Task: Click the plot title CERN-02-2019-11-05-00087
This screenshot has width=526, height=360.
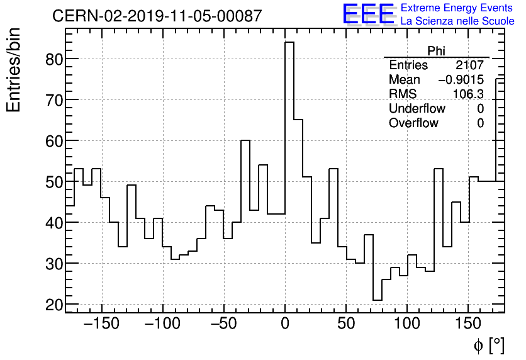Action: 157,16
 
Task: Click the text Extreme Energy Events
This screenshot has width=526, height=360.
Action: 457,8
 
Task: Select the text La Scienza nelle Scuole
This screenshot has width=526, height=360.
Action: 457,21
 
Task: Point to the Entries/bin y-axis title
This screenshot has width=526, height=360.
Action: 14,70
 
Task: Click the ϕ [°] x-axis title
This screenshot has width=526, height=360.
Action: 488,345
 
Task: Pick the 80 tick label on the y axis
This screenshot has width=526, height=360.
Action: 53,59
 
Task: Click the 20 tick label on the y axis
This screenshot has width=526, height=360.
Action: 53,305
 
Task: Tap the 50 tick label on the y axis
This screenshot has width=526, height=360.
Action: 53,182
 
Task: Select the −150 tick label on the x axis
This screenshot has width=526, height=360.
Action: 101,325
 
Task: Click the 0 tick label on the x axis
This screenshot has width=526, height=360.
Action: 285,325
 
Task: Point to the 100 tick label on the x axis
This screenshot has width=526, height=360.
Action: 407,325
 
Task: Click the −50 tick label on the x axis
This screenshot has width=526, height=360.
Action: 223,325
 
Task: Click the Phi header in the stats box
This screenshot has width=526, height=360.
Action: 436,51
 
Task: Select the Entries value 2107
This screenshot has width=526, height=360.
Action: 469,65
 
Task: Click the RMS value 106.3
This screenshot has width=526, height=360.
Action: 468,94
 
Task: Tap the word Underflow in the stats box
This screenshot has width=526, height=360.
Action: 417,109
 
